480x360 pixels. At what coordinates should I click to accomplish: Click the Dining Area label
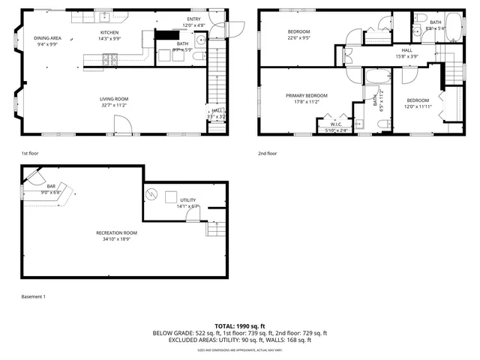pyautogui.click(x=47, y=38)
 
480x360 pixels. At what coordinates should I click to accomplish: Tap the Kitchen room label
pyautogui.click(x=110, y=33)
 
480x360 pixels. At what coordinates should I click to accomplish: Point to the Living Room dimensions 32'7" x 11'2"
pyautogui.click(x=116, y=106)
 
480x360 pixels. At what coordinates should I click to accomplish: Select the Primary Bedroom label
pyautogui.click(x=307, y=95)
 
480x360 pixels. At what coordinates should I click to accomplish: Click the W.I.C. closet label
pyautogui.click(x=337, y=125)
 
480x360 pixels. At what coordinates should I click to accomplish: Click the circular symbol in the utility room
pyautogui.click(x=152, y=195)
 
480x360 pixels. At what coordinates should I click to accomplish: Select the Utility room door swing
pyautogui.click(x=193, y=216)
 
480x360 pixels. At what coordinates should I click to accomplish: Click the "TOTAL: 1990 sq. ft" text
pyautogui.click(x=240, y=326)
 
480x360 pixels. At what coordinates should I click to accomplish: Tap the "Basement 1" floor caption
pyautogui.click(x=34, y=297)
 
